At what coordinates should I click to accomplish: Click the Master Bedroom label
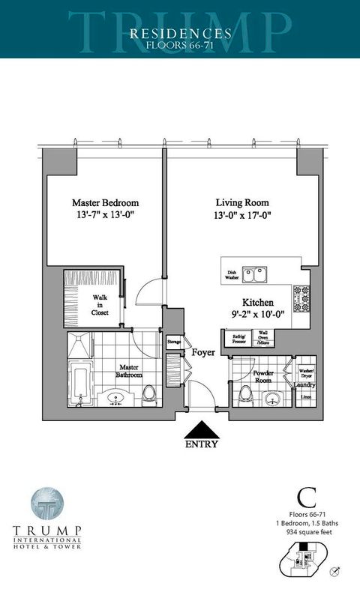click(x=105, y=203)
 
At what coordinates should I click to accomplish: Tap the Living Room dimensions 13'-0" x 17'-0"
click(x=241, y=216)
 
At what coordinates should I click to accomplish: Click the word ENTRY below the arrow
click(x=200, y=444)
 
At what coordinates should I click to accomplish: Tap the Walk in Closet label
click(x=100, y=306)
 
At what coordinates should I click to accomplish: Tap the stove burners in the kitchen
click(x=301, y=299)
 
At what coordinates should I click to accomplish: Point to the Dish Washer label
click(x=231, y=275)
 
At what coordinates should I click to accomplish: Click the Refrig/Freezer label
click(x=240, y=339)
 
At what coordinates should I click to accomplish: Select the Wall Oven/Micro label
click(x=264, y=339)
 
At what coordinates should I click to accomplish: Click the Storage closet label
click(x=174, y=342)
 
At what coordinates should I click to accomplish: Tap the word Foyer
click(x=203, y=351)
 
